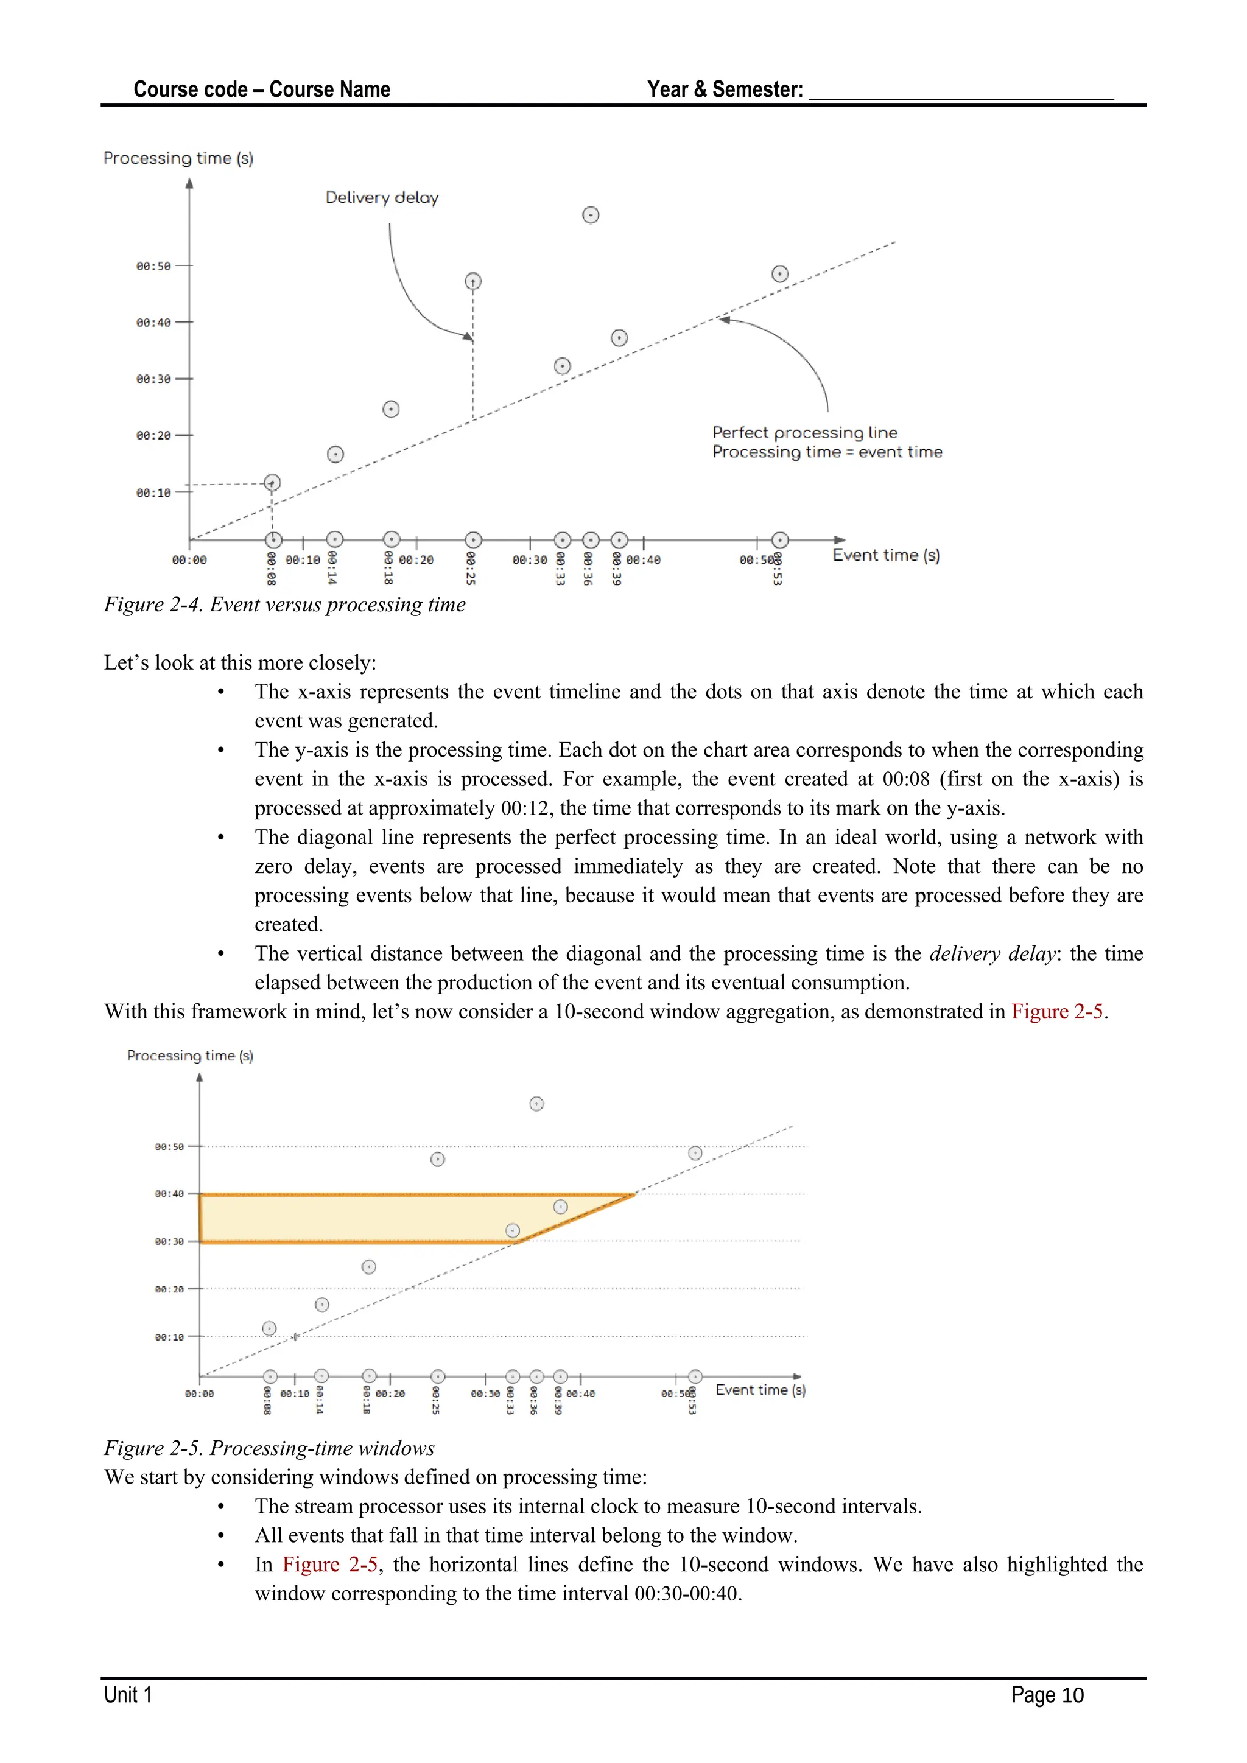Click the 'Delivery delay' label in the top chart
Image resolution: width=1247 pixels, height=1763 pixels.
pos(382,198)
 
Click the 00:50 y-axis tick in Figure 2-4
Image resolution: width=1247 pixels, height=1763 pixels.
pos(153,267)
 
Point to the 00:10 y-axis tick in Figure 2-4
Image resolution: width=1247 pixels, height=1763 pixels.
pos(153,493)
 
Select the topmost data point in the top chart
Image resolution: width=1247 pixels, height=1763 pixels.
pos(591,215)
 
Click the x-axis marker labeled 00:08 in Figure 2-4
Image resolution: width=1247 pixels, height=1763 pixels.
pos(273,540)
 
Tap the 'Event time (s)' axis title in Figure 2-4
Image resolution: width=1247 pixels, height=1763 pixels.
pos(885,555)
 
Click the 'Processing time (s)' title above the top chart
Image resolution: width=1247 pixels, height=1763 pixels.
pos(178,158)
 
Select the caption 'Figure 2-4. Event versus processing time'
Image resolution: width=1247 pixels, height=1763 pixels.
pos(285,605)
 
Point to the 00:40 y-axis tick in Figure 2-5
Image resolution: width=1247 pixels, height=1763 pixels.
pos(170,1194)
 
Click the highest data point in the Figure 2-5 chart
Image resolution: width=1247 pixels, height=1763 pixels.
pos(536,1104)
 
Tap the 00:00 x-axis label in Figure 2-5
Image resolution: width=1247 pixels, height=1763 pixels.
pos(200,1393)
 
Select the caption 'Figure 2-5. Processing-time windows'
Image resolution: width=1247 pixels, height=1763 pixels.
pos(270,1448)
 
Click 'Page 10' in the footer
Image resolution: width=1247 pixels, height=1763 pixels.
pos(1047,1695)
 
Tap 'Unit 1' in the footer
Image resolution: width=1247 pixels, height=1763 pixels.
pos(128,1695)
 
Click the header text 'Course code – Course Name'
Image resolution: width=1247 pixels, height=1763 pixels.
pos(262,90)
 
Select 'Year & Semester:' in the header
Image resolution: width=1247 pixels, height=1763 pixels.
pos(725,90)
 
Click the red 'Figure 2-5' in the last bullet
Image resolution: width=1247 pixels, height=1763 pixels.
pos(330,1565)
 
